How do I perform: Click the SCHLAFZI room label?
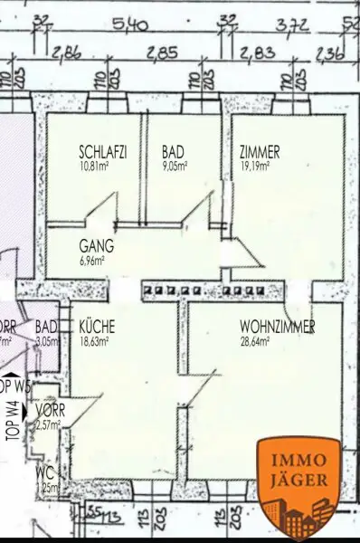(102, 153)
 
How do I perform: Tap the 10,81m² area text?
(95, 167)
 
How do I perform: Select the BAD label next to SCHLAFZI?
(173, 153)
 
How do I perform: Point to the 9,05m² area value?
(175, 167)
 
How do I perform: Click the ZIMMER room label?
(260, 153)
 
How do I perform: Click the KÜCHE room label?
(96, 327)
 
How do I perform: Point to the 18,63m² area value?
(94, 341)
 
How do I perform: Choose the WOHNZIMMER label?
(277, 327)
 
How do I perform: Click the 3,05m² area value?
(47, 341)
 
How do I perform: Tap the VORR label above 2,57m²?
(49, 409)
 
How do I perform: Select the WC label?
(43, 473)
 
